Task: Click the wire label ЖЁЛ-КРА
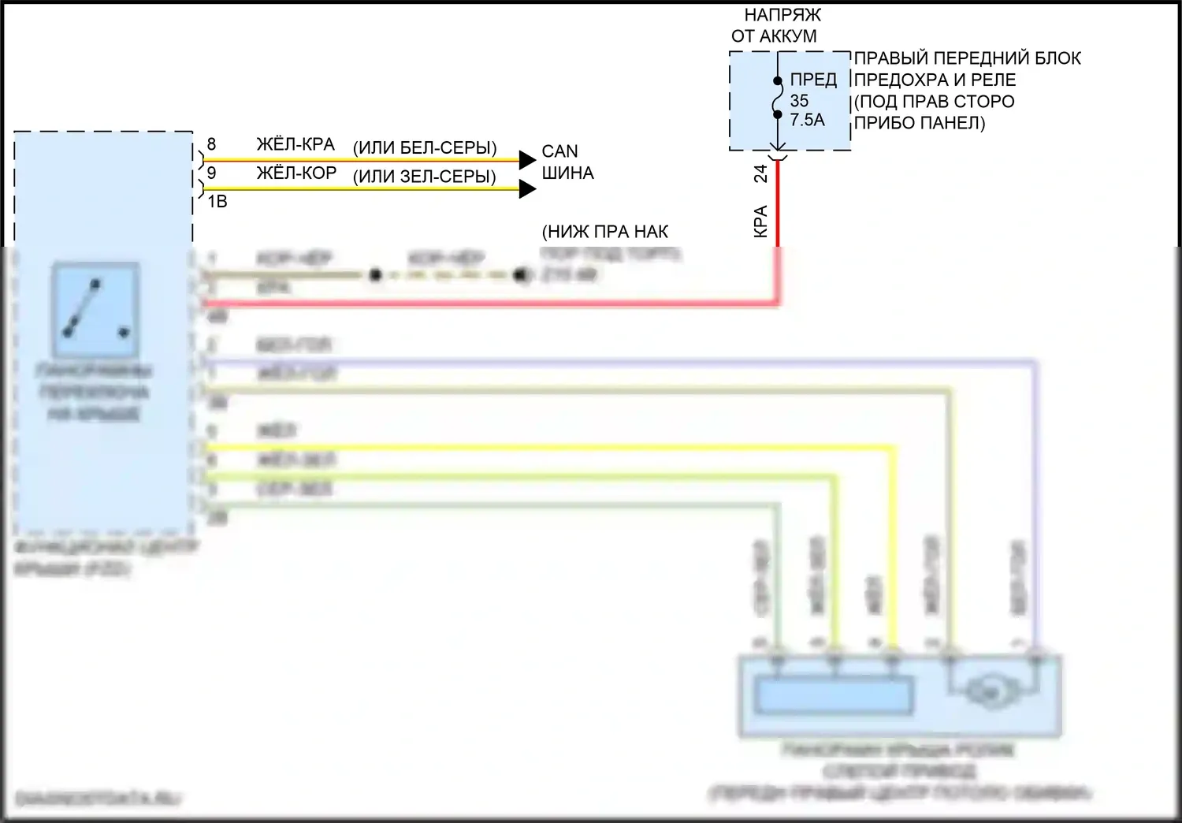[295, 145]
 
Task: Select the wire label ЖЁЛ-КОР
[296, 173]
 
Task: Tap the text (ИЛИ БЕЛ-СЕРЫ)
[425, 148]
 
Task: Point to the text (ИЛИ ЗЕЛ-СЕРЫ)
[424, 177]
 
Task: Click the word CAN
[559, 151]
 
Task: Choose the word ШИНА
[567, 173]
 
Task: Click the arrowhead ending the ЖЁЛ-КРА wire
[527, 161]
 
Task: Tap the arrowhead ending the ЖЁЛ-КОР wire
[527, 189]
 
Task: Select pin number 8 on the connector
[211, 145]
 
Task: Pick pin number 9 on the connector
[211, 173]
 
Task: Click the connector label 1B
[217, 202]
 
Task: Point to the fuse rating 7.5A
[808, 120]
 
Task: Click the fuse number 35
[799, 101]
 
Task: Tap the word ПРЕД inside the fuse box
[813, 80]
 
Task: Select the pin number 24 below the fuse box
[761, 173]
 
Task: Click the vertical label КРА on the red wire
[761, 222]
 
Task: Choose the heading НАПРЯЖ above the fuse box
[782, 15]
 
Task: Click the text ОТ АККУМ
[774, 36]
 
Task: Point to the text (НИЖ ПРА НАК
[605, 232]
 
